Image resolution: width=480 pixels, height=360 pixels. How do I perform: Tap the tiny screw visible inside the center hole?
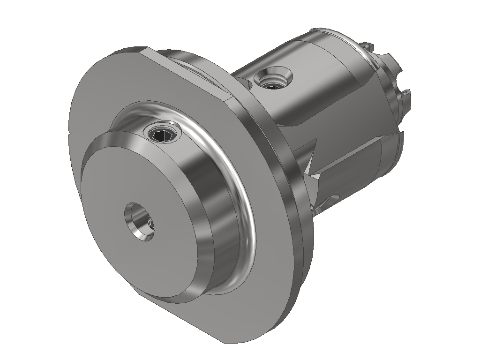tap(149, 226)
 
